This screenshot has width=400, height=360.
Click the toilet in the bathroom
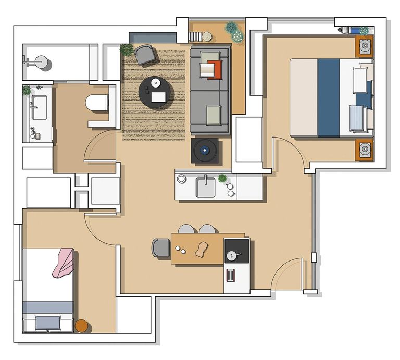click(96, 103)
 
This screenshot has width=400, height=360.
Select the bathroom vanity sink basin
click(39, 107)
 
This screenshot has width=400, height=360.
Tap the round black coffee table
click(155, 92)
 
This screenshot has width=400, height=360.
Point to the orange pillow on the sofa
click(215, 69)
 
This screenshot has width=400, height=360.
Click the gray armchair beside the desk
click(145, 54)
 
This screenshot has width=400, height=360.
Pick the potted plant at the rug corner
click(127, 50)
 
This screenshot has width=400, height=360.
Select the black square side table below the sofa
click(207, 151)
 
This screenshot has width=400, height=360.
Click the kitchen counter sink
click(205, 188)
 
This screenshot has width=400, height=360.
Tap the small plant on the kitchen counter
click(222, 179)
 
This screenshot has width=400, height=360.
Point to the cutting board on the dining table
click(202, 250)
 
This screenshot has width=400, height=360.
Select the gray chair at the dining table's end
click(161, 248)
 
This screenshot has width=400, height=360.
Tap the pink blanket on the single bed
click(63, 262)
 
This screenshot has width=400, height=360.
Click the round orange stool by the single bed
click(82, 326)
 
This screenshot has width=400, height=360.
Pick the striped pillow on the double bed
click(357, 119)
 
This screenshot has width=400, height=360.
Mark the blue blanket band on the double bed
click(328, 97)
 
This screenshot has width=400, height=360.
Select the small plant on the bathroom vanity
click(27, 90)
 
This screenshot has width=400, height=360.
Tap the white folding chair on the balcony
click(195, 36)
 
